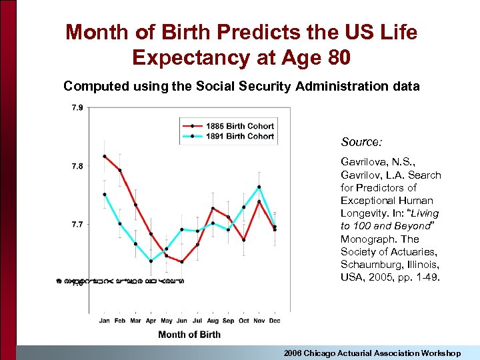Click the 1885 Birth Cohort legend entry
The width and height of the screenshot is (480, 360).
(x=241, y=126)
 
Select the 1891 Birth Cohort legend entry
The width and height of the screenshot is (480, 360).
(x=241, y=136)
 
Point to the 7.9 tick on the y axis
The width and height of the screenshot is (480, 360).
(x=77, y=107)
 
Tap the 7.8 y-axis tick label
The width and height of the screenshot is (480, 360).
(x=77, y=166)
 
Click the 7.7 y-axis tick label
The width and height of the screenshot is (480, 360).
(x=77, y=225)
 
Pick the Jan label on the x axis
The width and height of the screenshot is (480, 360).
(x=105, y=320)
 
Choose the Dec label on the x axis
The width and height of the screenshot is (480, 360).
(x=275, y=320)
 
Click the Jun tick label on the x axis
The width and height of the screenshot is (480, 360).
(x=182, y=320)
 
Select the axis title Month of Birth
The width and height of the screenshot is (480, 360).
(x=189, y=334)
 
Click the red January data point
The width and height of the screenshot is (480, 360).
(x=105, y=157)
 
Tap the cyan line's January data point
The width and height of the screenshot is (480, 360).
(x=105, y=195)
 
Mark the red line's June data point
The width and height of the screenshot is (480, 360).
(x=182, y=261)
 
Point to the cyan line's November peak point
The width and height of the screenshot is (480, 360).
(x=259, y=187)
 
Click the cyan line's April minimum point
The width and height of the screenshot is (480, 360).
(x=151, y=261)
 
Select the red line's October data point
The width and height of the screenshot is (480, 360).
(x=243, y=240)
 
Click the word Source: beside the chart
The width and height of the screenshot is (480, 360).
(x=361, y=142)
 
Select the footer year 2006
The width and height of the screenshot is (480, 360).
(x=294, y=353)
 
